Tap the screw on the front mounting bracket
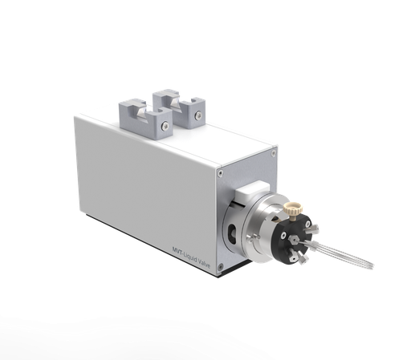(x=165, y=127)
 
